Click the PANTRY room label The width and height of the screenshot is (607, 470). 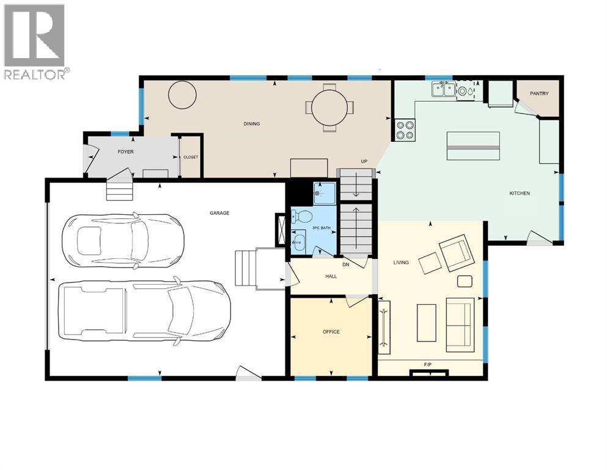pos(539,94)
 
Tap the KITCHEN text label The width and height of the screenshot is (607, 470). pos(520,193)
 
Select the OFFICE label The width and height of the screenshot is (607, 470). pos(331,332)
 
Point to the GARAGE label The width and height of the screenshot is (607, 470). pos(219,213)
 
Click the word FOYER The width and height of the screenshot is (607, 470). pos(125,152)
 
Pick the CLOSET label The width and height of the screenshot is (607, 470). pos(191,157)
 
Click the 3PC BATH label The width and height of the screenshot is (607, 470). pos(321,228)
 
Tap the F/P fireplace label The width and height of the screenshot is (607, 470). pos(428,365)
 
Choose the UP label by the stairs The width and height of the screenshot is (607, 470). pos(364,162)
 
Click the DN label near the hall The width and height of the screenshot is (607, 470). pos(345,264)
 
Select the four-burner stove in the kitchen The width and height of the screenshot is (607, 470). pos(403,130)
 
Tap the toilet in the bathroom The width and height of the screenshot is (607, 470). pos(300,216)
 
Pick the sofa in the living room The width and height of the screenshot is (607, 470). pos(460,325)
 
